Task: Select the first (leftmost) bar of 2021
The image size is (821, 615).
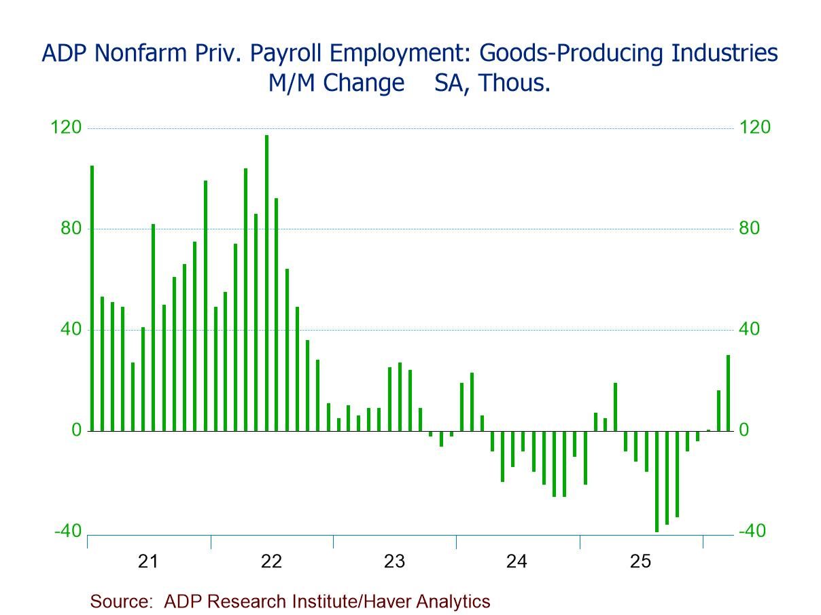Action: [x=92, y=298]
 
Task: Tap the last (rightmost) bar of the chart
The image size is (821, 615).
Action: [x=728, y=393]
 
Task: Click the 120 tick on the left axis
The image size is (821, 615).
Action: [x=67, y=128]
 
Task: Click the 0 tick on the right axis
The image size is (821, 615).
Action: [x=744, y=430]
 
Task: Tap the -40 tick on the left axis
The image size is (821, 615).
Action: [x=67, y=531]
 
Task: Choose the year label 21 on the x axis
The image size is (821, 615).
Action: [x=148, y=561]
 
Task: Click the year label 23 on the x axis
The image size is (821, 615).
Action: [x=394, y=561]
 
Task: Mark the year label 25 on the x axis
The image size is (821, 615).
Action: [x=640, y=561]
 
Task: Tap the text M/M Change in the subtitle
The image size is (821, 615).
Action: [x=336, y=84]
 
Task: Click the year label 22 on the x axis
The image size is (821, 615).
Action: [x=271, y=561]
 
